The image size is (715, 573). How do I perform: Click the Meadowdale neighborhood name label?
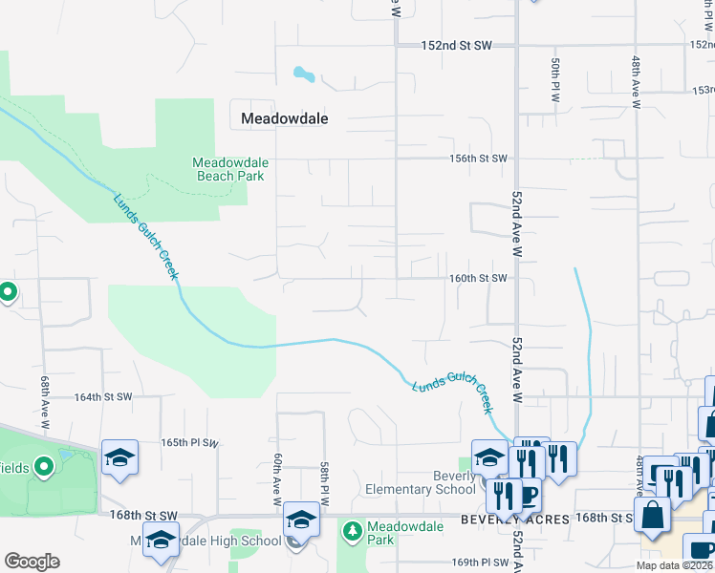(285, 118)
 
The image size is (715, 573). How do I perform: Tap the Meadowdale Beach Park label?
(230, 169)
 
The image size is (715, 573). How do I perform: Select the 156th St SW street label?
(479, 159)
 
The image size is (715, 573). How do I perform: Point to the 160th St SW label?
(478, 279)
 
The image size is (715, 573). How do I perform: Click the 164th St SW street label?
(102, 396)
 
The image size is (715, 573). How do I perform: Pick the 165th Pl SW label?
(190, 443)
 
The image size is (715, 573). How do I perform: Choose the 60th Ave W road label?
(276, 479)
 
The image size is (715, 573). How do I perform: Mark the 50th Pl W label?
(554, 80)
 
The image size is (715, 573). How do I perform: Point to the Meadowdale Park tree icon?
(353, 529)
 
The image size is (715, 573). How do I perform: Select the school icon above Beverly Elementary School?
(488, 456)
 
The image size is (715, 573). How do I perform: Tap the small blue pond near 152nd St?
(304, 73)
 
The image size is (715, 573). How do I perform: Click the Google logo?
(32, 562)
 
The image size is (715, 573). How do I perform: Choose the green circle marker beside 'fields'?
(44, 467)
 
